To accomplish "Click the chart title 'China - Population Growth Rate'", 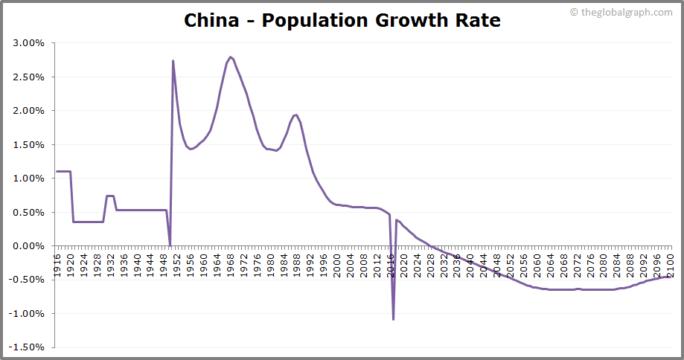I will tap(342, 20).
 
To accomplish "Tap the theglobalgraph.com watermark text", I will tap(625, 12).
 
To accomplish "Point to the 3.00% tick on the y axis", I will tap(29, 43).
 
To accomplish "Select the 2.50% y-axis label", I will tap(29, 77).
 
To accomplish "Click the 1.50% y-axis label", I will tap(29, 144).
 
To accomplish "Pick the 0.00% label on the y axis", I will tap(29, 246).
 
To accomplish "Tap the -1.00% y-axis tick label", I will tap(28, 314).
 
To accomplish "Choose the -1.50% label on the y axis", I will tap(28, 347).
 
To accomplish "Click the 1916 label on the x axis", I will tap(57, 264).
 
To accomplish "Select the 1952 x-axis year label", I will tap(177, 264).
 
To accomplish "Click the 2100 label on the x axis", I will tap(670, 264).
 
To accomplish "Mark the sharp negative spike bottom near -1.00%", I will tap(393, 319).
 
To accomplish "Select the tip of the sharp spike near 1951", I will tap(173, 61).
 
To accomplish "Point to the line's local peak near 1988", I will tap(296, 115).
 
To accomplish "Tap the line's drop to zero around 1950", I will tap(170, 245).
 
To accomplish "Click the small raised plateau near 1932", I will tap(110, 196).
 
